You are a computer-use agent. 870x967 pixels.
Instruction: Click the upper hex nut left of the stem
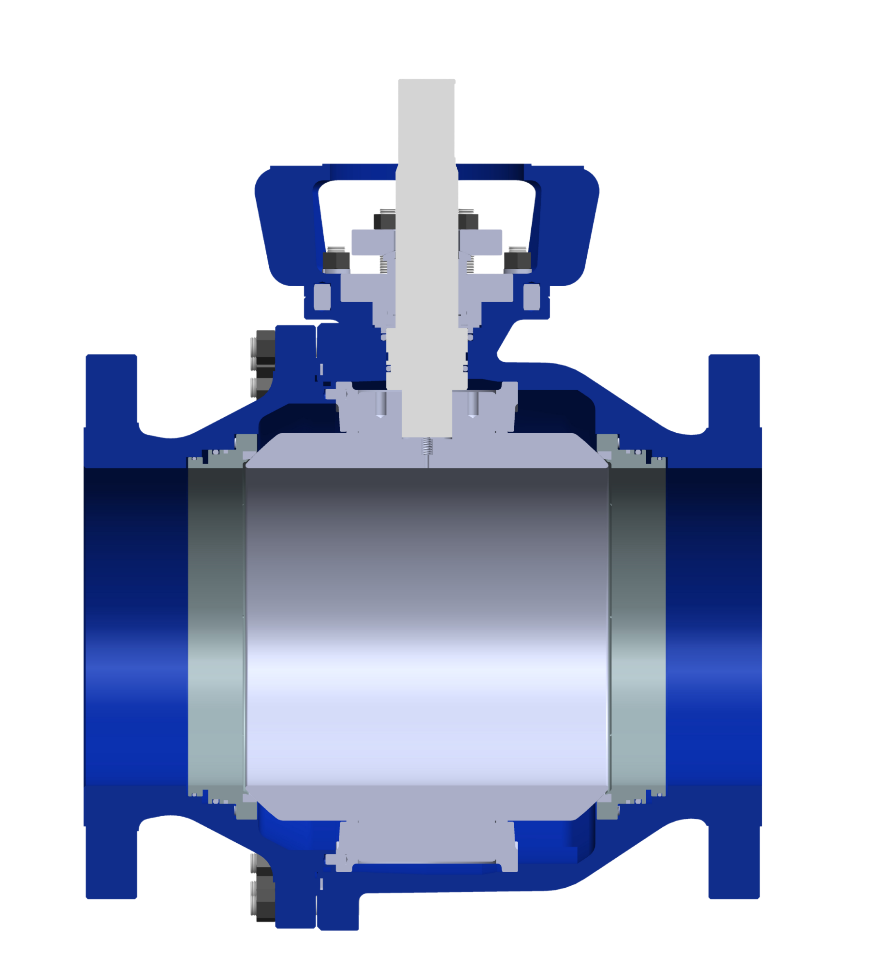384,220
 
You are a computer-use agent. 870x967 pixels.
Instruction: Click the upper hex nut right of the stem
468,220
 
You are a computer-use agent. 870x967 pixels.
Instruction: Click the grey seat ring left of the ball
216,629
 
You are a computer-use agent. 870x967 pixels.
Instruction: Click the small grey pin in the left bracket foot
322,296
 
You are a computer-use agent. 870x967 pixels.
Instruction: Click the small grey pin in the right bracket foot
532,296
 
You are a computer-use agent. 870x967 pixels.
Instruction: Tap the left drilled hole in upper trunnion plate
380,404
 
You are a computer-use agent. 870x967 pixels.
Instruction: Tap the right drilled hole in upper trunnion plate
473,404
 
